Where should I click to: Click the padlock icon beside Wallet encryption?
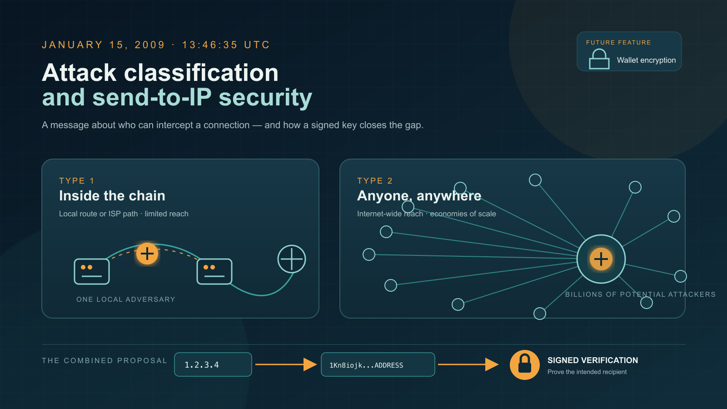[x=599, y=59]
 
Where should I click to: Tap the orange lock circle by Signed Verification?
[x=524, y=365]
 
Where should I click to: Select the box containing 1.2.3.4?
[x=213, y=364]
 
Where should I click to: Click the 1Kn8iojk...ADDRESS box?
[x=378, y=364]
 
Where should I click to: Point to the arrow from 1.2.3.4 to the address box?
[x=286, y=364]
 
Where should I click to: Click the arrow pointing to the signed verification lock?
[x=468, y=364]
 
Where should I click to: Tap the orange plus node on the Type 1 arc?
[x=147, y=254]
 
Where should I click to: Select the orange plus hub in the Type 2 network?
[x=601, y=259]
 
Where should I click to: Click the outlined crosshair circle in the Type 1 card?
[x=291, y=259]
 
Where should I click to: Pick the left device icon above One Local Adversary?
[x=92, y=271]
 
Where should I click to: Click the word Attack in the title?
[x=79, y=73]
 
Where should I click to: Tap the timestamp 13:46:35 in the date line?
[x=209, y=45]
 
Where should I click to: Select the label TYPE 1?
[x=77, y=181]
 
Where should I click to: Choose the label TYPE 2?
[x=375, y=181]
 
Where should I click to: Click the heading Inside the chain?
[x=112, y=196]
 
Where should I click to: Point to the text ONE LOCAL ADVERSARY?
[x=125, y=299]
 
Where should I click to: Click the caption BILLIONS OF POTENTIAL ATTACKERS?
[x=640, y=294]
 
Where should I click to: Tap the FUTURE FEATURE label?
[x=618, y=43]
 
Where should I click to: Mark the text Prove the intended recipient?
[x=587, y=372]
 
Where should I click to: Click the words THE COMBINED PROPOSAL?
[x=105, y=361]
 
